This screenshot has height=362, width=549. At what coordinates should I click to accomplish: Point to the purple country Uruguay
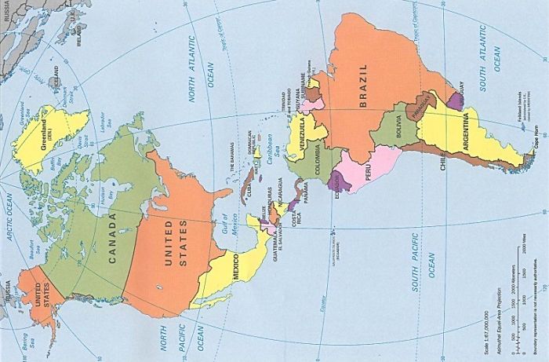click(x=455, y=100)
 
